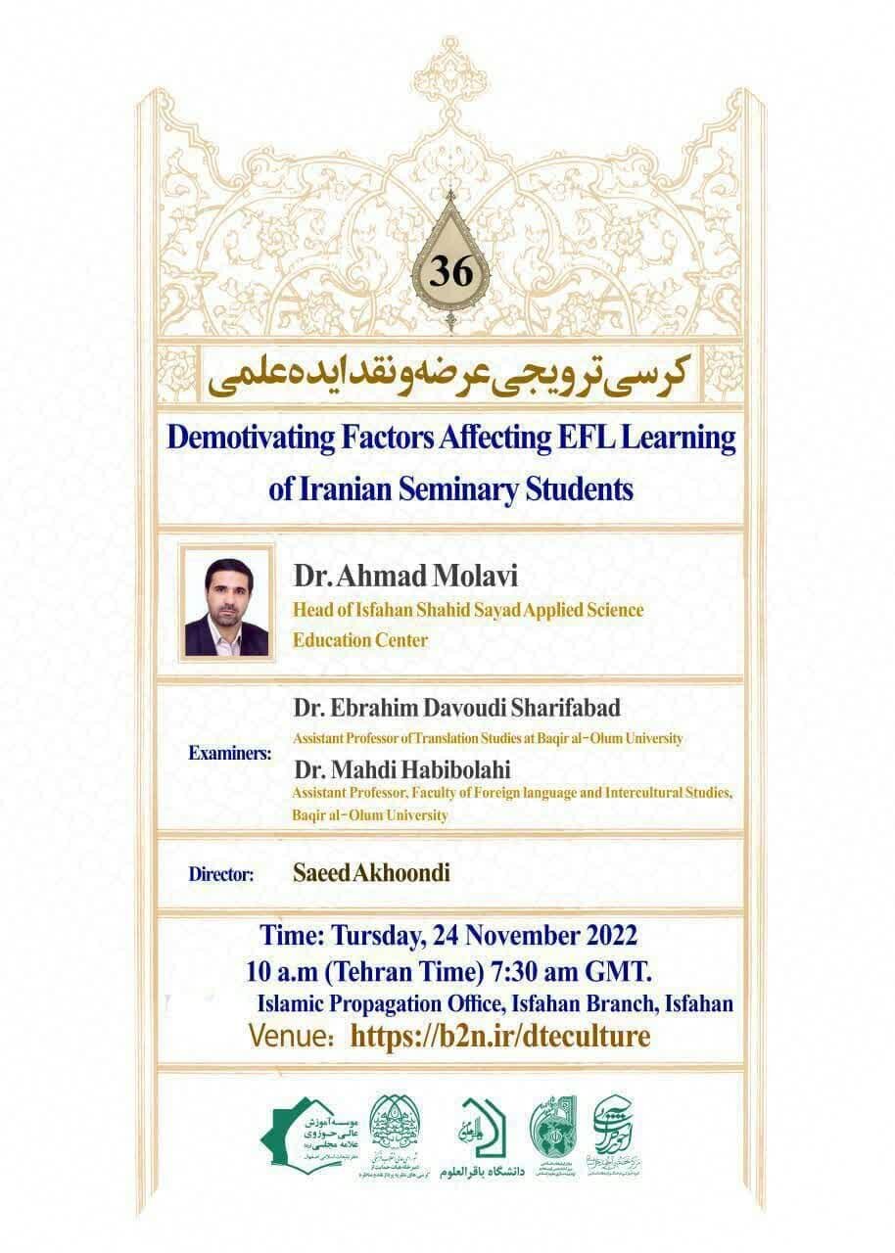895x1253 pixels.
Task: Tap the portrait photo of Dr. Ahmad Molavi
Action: pyautogui.click(x=226, y=606)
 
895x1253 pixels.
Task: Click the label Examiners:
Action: pyautogui.click(x=231, y=756)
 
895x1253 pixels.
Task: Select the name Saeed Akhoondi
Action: pyautogui.click(x=371, y=873)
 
